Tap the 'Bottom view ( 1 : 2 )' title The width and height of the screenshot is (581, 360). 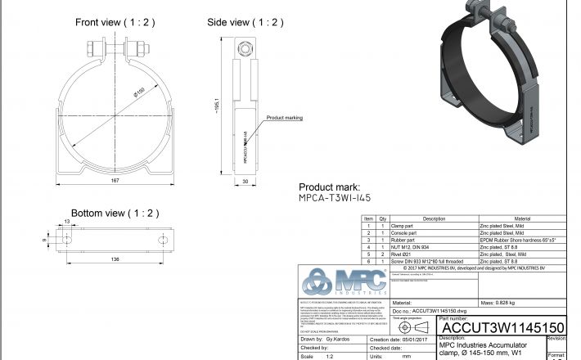tap(115, 213)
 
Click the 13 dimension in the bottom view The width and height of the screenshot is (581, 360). tap(66, 221)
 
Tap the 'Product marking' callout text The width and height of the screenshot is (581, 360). tap(284, 118)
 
